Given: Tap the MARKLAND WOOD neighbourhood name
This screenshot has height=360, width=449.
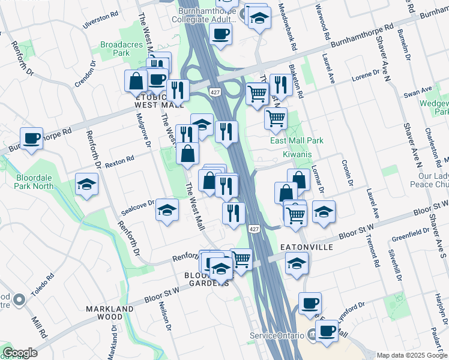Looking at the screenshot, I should (x=110, y=313).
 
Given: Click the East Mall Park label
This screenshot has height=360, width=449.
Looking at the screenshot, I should (x=297, y=140).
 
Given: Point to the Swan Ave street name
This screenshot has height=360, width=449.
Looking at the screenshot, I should (x=418, y=92).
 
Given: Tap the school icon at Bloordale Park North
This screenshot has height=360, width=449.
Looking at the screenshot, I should (x=87, y=185).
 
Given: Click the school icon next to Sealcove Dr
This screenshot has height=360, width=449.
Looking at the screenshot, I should (x=167, y=211).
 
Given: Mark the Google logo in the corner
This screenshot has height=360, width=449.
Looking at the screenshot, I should (x=20, y=353).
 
